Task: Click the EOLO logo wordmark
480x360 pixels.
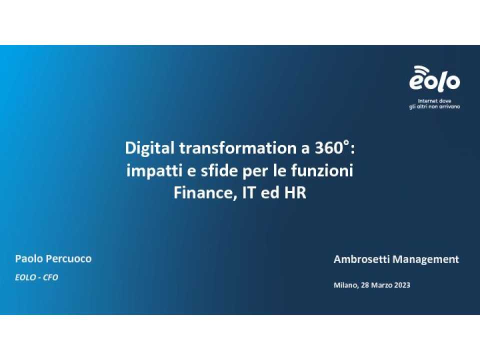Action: pos(434,81)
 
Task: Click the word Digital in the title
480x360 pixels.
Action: pos(149,148)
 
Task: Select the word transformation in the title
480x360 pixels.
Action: pos(238,148)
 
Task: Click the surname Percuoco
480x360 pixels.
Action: pos(68,259)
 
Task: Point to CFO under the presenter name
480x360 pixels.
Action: pos(50,277)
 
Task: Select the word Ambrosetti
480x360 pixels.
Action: pos(361,259)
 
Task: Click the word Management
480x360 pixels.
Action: pos(426,260)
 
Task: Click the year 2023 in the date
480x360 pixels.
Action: pos(402,285)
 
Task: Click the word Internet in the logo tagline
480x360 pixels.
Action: pos(427,101)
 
